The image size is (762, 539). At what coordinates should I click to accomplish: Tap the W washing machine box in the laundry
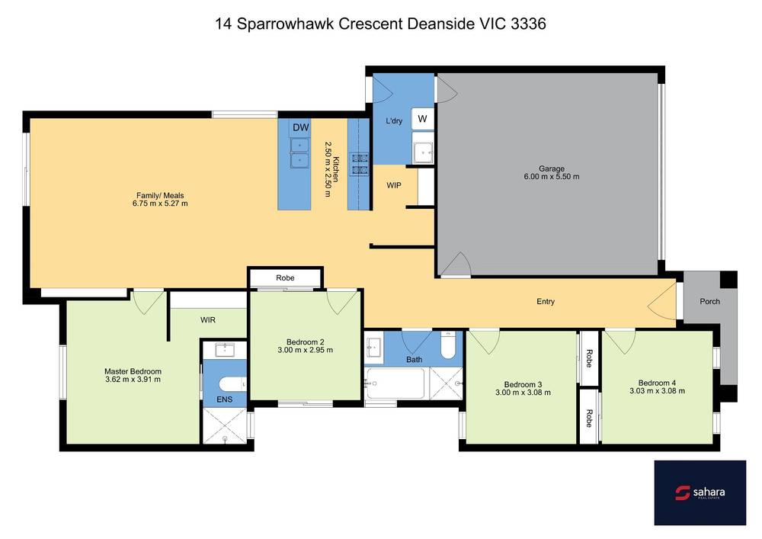pyautogui.click(x=422, y=119)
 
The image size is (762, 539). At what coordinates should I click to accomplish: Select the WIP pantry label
pyautogui.click(x=394, y=185)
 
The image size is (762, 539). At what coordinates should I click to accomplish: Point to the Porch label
pyautogui.click(x=709, y=301)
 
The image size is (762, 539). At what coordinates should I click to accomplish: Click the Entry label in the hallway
pyautogui.click(x=546, y=302)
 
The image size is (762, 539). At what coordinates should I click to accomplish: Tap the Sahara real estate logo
pyautogui.click(x=700, y=492)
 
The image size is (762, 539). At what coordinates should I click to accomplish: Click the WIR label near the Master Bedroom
pyautogui.click(x=208, y=320)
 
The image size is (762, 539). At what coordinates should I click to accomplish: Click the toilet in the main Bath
pyautogui.click(x=447, y=348)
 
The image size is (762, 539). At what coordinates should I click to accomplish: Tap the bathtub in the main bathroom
pyautogui.click(x=395, y=383)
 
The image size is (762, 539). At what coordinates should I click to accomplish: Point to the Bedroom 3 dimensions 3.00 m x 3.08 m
pyautogui.click(x=522, y=393)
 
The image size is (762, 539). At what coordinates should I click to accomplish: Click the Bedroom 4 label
pyautogui.click(x=657, y=383)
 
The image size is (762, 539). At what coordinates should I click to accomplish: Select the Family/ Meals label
pyautogui.click(x=159, y=195)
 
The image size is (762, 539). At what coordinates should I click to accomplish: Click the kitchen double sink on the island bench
pyautogui.click(x=300, y=152)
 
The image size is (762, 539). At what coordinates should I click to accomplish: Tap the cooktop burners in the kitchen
pyautogui.click(x=358, y=164)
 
